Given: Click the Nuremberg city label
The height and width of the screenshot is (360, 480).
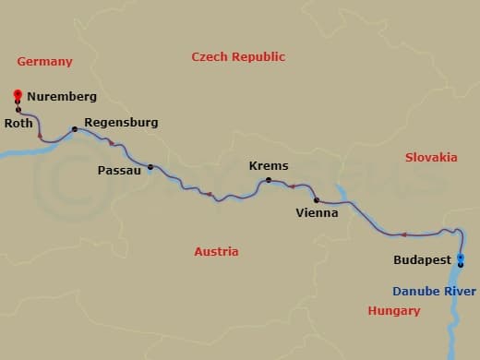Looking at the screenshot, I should point(62,96).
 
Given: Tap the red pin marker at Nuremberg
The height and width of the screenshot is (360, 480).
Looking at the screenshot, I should point(18,94).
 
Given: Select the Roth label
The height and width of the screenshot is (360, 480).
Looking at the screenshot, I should point(19,123).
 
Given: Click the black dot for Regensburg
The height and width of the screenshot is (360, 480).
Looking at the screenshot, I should point(75,129).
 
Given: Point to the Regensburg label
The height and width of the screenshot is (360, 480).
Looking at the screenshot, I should point(121,122).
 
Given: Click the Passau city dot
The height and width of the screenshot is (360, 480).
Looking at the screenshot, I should point(150,167).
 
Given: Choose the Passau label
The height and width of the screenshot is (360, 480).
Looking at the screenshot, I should point(119,171).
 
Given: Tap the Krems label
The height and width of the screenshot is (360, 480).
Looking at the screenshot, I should point(269,166).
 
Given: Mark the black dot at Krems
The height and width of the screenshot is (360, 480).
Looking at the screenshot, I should point(269,180).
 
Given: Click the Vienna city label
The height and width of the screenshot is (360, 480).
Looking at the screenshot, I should point(317,212).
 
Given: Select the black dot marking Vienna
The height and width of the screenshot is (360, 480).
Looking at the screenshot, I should point(317,199).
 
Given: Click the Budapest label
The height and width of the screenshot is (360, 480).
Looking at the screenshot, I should point(422,261).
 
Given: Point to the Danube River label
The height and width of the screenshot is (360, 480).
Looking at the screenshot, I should point(434,292).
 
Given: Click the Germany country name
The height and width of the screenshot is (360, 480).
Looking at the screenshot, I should point(44,62).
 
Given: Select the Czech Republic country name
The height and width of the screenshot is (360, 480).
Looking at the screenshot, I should point(238,57).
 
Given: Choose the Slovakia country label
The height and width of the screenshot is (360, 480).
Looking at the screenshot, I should point(431,158).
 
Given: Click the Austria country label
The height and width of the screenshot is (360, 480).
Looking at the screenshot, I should point(216,252).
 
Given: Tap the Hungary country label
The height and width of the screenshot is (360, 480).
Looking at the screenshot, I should point(394,311).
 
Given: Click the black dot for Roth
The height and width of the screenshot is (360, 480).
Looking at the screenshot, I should point(18,111).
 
